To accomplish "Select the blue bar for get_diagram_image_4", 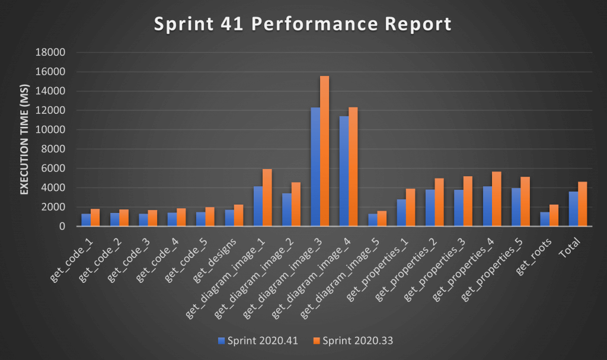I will click(344, 171).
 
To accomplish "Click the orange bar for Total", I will click(583, 204).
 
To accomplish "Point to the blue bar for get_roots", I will click(545, 219).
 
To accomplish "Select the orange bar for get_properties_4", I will click(496, 199).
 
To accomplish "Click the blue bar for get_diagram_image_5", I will click(372, 220).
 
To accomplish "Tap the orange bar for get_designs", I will click(238, 215).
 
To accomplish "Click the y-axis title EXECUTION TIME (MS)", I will click(25, 139).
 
